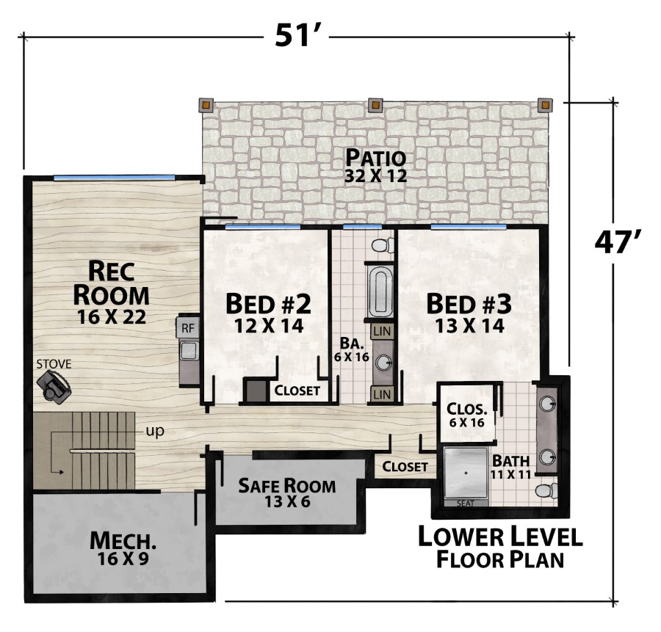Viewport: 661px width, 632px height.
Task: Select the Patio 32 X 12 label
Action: (375, 166)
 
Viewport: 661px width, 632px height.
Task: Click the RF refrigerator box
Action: (187, 327)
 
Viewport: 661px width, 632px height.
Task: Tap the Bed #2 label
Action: (269, 313)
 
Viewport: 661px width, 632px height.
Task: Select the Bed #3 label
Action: (469, 313)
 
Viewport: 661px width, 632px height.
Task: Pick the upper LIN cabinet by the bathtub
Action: (383, 331)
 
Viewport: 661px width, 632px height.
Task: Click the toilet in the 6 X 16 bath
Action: (383, 244)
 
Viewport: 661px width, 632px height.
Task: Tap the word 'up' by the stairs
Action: (155, 432)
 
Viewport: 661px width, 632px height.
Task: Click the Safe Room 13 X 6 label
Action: (286, 493)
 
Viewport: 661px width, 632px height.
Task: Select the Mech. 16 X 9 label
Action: (123, 548)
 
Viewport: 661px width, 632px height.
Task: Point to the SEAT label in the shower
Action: (466, 503)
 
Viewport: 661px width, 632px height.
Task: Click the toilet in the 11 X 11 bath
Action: (546, 491)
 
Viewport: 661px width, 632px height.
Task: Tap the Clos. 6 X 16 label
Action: (466, 415)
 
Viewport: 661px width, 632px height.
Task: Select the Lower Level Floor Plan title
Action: (500, 548)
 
